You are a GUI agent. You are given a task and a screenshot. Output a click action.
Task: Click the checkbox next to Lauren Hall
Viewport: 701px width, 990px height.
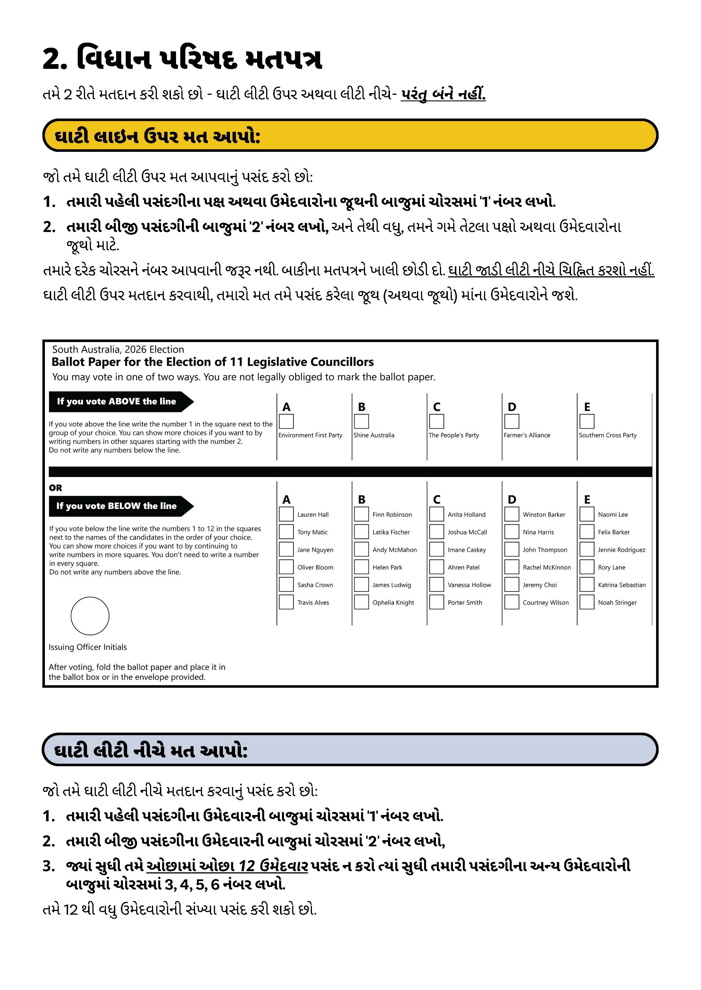tap(286, 514)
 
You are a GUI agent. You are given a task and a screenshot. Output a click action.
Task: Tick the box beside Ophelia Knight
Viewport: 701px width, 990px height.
tap(361, 602)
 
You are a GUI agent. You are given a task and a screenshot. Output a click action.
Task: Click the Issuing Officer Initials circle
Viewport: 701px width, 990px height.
tap(90, 616)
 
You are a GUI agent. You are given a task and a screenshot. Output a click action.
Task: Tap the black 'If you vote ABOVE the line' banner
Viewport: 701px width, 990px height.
tap(116, 401)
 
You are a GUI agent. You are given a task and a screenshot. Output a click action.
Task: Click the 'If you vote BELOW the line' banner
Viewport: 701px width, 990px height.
tap(116, 506)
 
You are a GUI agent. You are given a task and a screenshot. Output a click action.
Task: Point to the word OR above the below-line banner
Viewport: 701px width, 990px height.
tap(55, 488)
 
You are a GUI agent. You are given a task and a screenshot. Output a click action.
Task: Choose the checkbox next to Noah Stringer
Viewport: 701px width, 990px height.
tap(587, 602)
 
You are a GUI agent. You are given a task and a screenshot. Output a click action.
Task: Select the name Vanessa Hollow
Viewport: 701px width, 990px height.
tap(469, 585)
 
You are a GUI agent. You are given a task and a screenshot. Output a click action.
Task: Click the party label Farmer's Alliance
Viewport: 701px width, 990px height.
tap(527, 435)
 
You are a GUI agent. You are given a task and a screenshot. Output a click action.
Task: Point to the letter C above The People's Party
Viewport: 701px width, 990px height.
tap(437, 407)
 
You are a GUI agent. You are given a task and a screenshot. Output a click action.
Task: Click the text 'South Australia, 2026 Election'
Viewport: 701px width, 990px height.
tap(118, 349)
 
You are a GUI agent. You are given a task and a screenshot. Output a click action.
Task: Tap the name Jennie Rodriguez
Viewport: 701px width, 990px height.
tap(621, 550)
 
